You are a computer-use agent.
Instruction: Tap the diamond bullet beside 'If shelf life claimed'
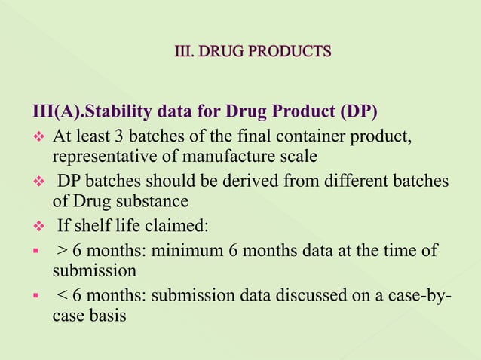tap(33, 227)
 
